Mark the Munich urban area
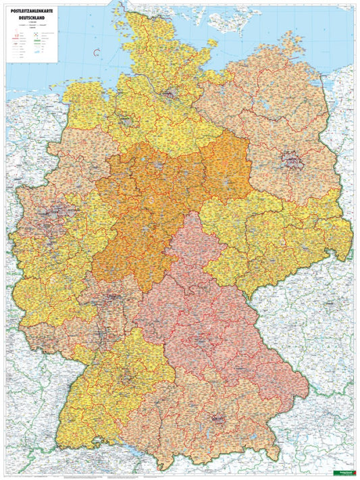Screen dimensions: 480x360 (x=219, y=419)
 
